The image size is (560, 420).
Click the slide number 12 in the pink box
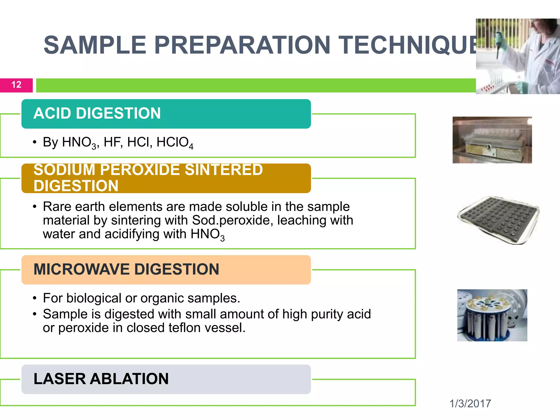(x=16, y=85)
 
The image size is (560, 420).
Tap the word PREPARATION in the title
(x=242, y=45)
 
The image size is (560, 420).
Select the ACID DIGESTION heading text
(x=97, y=113)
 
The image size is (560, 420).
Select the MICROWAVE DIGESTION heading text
(x=126, y=269)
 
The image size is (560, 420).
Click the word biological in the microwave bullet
(x=94, y=298)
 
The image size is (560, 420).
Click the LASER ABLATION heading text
(x=101, y=379)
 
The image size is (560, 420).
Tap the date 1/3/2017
(x=470, y=404)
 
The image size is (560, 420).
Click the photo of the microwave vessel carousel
(x=492, y=315)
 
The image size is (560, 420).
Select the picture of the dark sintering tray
(x=498, y=220)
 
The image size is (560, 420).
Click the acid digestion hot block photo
(x=492, y=140)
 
